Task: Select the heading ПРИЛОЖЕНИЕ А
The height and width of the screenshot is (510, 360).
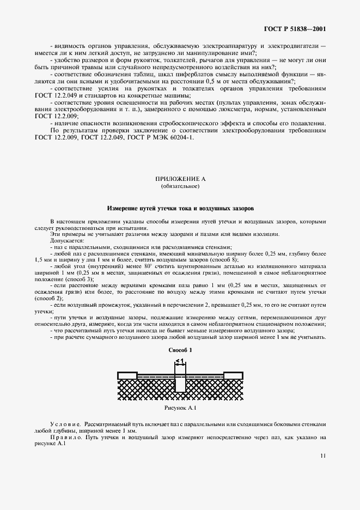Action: coord(180,179)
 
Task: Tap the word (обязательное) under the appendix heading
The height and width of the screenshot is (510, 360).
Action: coord(180,186)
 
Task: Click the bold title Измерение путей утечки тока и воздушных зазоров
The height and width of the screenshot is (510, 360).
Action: coord(180,208)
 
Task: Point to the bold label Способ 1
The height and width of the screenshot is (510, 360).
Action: coord(180,351)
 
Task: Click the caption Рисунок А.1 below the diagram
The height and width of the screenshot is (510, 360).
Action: coord(180,408)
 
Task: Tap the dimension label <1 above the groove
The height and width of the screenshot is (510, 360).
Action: coord(180,361)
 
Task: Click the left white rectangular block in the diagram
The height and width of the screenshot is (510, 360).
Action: coord(127,374)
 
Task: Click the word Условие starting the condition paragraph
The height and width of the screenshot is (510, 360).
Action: coord(64,423)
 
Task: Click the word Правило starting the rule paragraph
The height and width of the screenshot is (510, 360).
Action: coord(64,437)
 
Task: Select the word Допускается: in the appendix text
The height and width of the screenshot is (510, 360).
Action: coord(66,240)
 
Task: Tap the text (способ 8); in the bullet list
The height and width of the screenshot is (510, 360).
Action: coord(190,260)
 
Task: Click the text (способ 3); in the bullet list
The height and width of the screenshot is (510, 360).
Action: coord(71,279)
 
